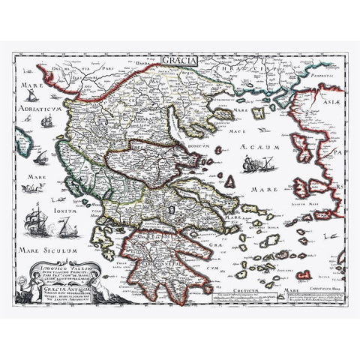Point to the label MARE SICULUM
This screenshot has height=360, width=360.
pyautogui.click(x=55, y=240)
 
